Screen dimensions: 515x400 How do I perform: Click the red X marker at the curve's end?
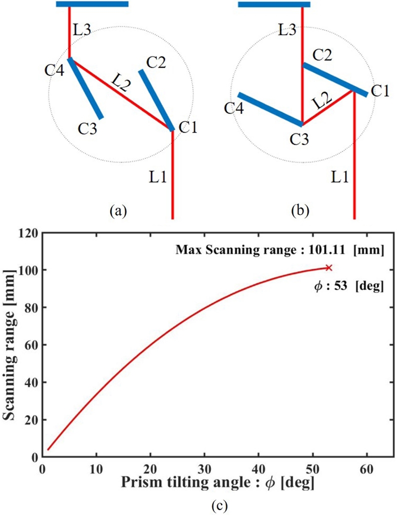(328, 268)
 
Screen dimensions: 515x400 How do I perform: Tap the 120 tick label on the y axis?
(29, 233)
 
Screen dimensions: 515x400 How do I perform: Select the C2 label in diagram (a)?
(156, 63)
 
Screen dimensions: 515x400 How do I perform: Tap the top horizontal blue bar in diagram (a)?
(92, 4)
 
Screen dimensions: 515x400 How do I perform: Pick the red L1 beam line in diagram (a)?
(172, 175)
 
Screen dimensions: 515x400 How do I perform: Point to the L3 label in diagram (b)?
(288, 29)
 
